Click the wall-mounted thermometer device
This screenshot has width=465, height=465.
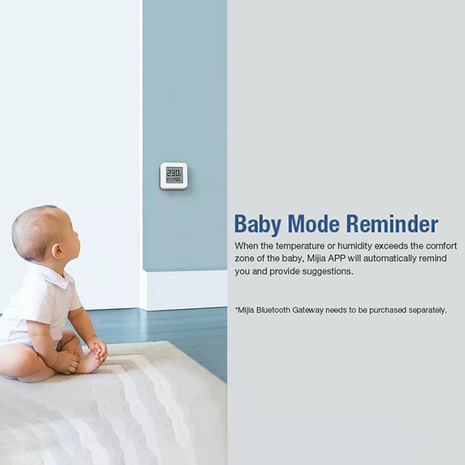[x=174, y=176]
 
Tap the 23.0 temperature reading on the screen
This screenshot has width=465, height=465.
[x=174, y=173]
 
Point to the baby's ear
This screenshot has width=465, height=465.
[x=56, y=251]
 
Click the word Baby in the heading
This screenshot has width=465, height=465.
[x=258, y=224]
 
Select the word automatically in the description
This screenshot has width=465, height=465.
[x=389, y=259]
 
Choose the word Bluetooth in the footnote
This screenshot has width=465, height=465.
[x=273, y=310]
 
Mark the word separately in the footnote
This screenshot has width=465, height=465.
[x=427, y=310]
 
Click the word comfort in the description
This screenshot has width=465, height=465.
[x=441, y=246]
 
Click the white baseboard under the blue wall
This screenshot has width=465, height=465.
[x=184, y=290]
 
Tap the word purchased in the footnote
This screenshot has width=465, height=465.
[x=388, y=310]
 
